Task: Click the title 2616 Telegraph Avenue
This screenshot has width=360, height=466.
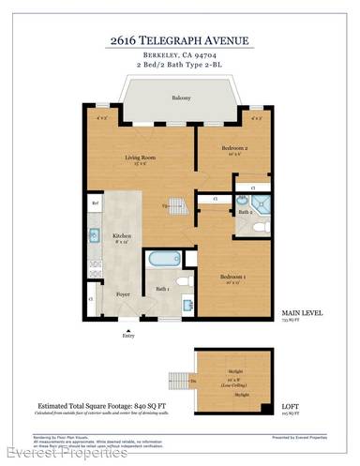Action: coord(180,39)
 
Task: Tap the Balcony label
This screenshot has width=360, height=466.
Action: coord(181,98)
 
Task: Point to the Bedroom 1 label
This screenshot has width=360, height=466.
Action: coord(232,277)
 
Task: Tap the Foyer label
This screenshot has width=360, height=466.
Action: coord(122,293)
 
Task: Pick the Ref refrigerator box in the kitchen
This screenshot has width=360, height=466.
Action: coord(95,203)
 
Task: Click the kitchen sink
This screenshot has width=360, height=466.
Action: coord(95,235)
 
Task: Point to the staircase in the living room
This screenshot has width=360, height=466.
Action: coord(177,204)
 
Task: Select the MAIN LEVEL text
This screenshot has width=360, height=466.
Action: coord(300,312)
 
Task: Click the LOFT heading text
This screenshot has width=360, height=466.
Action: coord(292,406)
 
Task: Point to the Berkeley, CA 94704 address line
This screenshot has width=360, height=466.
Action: coord(180,54)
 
